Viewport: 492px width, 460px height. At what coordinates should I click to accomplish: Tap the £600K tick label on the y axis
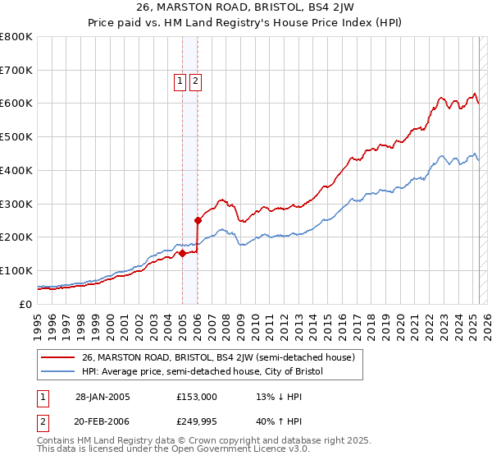16,103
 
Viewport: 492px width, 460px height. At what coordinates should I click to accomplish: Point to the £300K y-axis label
16,204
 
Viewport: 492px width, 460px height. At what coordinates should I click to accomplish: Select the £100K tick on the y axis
16,270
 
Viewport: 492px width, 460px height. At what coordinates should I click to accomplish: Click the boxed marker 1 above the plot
179,81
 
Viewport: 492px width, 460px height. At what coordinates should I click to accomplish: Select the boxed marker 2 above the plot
196,81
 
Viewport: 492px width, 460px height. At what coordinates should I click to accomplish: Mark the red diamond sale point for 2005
182,253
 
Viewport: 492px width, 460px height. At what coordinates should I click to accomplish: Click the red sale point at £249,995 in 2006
198,220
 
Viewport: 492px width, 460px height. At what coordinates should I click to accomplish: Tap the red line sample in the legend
57,357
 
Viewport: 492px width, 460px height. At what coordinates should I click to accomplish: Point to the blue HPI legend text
203,372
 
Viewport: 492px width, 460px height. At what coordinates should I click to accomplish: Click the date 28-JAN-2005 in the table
102,397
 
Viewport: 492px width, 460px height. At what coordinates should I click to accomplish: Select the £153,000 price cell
197,397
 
